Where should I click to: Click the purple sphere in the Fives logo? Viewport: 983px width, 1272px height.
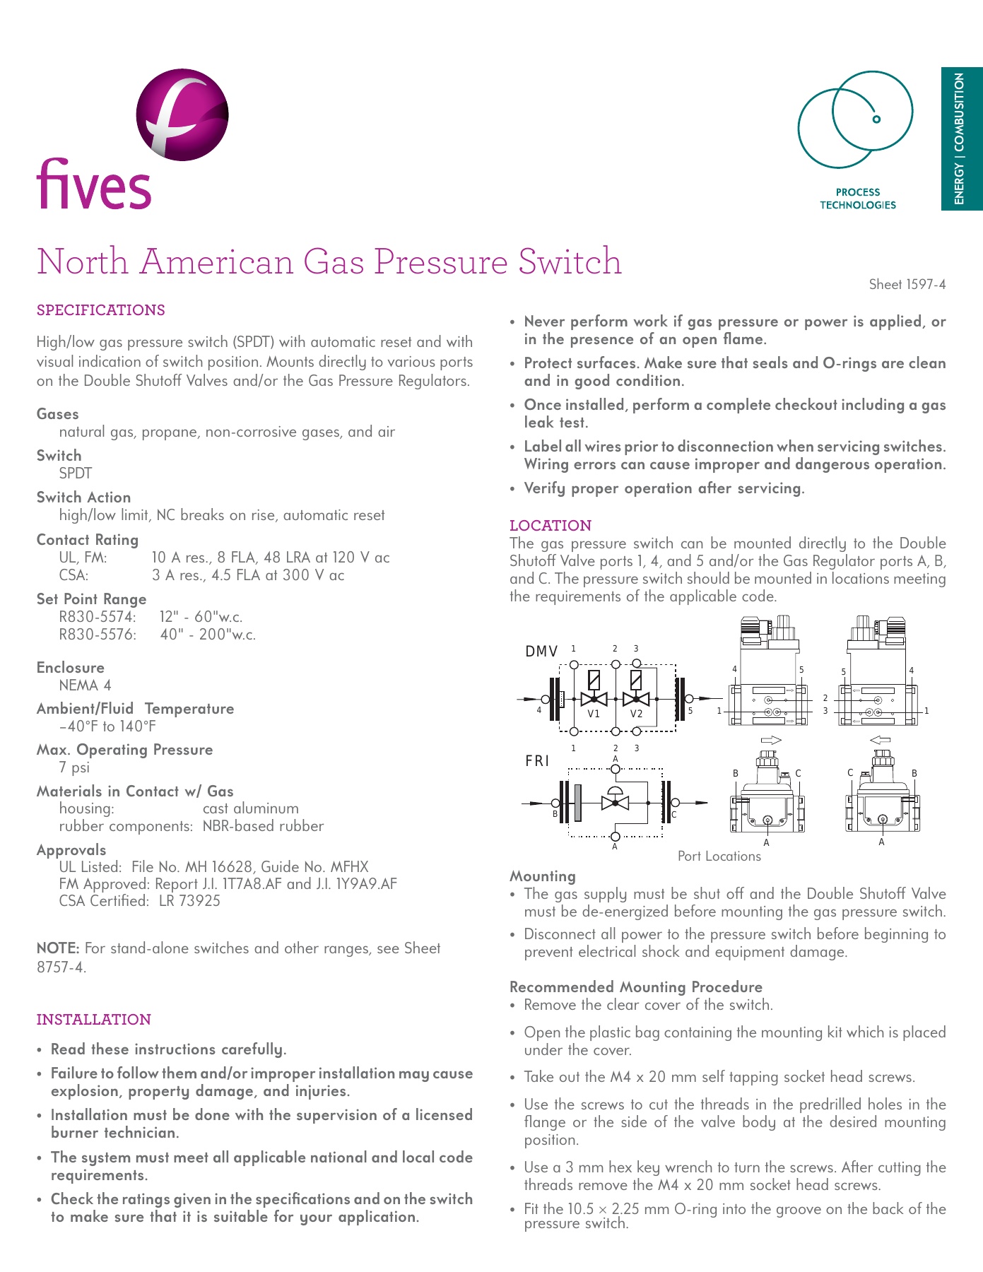click(x=183, y=114)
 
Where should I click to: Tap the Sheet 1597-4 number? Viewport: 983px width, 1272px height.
click(x=907, y=284)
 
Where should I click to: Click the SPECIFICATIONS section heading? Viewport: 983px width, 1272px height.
click(x=101, y=310)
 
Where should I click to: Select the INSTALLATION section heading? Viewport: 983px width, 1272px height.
click(x=94, y=1019)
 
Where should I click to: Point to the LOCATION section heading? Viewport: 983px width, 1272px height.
click(x=551, y=525)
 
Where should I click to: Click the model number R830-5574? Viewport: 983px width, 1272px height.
click(x=98, y=617)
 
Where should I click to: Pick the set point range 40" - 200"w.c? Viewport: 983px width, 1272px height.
click(x=208, y=635)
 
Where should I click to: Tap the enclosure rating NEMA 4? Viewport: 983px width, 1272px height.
click(x=85, y=685)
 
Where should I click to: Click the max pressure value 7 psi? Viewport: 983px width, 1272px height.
click(x=74, y=767)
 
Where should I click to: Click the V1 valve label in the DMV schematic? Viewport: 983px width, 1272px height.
click(x=594, y=714)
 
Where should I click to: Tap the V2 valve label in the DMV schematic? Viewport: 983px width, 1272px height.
click(x=637, y=714)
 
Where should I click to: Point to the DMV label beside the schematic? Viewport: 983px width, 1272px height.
click(x=541, y=652)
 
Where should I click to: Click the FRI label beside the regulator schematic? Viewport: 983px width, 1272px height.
click(x=537, y=761)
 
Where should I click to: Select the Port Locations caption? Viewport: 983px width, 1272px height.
click(x=719, y=856)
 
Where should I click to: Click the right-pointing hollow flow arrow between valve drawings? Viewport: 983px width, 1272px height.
click(x=770, y=740)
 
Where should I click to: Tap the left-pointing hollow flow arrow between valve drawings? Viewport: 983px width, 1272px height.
click(x=880, y=740)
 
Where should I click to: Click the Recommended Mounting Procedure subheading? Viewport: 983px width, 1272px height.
click(x=636, y=987)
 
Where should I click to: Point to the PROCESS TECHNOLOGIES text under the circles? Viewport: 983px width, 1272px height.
click(x=857, y=199)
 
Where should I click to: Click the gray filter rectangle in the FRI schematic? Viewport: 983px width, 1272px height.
click(x=578, y=803)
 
